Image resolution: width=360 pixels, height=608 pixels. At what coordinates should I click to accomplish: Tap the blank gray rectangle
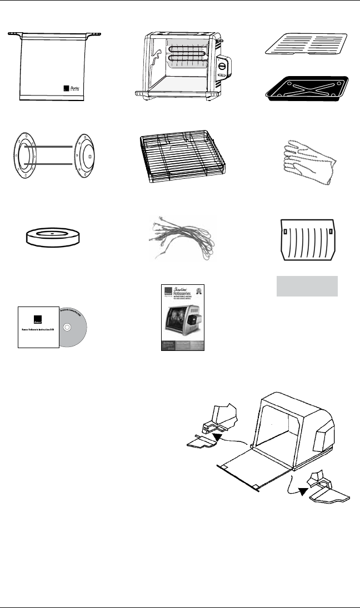[308, 287]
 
